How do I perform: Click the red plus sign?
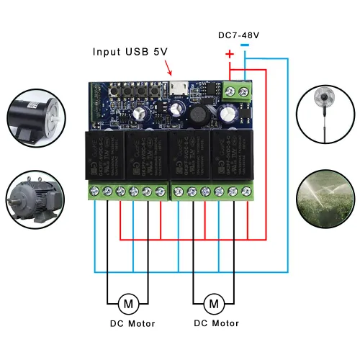click(x=230, y=54)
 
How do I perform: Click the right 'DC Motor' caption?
click(x=216, y=324)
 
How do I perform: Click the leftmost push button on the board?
click(x=117, y=91)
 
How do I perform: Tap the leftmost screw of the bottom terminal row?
click(x=94, y=191)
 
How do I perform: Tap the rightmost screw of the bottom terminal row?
click(x=247, y=191)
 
